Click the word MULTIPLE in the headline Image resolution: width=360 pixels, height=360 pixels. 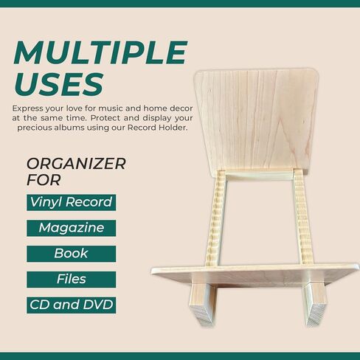pyautogui.click(x=101, y=52)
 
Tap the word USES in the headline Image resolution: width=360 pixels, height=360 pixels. pyautogui.click(x=59, y=84)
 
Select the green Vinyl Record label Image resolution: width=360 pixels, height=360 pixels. pyautogui.click(x=72, y=202)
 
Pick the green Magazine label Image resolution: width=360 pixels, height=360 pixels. pyautogui.click(x=72, y=228)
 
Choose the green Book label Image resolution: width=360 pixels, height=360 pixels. pyautogui.click(x=72, y=254)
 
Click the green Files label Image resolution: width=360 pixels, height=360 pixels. pyautogui.click(x=72, y=280)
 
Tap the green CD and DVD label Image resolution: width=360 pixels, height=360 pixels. pyautogui.click(x=72, y=305)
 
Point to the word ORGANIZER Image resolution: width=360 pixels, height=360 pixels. pyautogui.click(x=76, y=164)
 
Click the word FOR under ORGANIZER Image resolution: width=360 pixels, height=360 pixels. pyautogui.click(x=44, y=180)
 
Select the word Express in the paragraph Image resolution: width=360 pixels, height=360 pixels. pyautogui.click(x=27, y=108)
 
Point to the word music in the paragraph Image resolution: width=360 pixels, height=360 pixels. pyautogui.click(x=111, y=108)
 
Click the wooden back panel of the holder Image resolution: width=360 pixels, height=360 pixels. pyautogui.click(x=256, y=120)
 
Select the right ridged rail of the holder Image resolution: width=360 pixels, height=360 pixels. pyautogui.click(x=302, y=218)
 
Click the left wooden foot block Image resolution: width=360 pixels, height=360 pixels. pyautogui.click(x=203, y=305)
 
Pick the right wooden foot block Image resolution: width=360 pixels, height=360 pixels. pyautogui.click(x=316, y=305)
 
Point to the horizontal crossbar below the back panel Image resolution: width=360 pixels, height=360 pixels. pyautogui.click(x=259, y=176)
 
